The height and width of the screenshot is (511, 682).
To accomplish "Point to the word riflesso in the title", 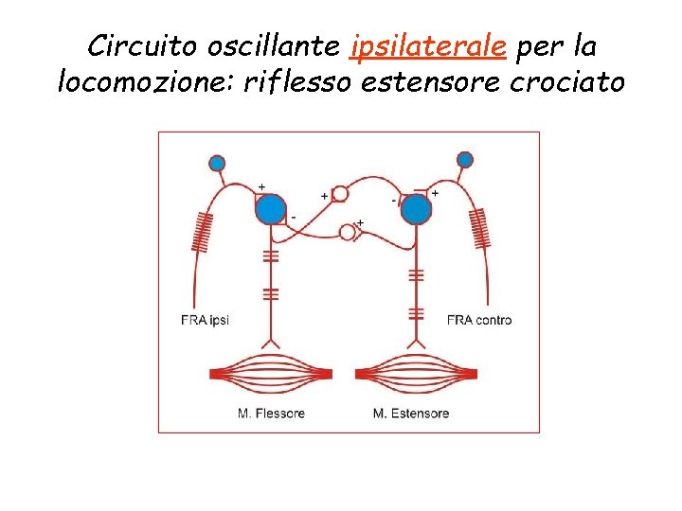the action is (296, 82).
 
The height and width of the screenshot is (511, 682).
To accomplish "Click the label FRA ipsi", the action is (205, 320).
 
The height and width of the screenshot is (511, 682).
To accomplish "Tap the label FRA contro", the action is (479, 320).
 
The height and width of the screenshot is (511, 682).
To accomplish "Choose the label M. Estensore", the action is (411, 413).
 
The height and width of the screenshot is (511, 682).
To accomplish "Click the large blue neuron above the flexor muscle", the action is (270, 208).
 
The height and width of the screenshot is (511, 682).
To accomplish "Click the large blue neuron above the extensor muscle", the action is (416, 208).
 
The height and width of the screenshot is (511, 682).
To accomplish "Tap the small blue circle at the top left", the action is (217, 163).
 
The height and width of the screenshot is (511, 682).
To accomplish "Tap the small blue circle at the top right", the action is (464, 160).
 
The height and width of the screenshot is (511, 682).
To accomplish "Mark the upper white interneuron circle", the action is (340, 194).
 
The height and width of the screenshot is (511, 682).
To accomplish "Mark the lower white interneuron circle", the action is (348, 232).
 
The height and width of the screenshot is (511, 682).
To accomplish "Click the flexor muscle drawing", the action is (270, 373).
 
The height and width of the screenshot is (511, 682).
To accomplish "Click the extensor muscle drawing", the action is (416, 373).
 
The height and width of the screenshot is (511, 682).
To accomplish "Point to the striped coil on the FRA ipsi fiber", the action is (200, 231).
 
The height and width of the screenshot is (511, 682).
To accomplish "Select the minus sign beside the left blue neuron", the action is (293, 218).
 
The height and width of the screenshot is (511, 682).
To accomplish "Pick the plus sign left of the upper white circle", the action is (325, 196).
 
